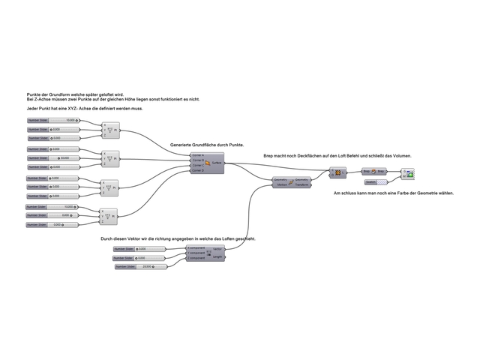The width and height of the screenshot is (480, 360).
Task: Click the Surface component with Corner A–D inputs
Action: tap(207, 163)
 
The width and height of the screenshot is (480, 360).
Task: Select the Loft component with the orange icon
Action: tap(337, 172)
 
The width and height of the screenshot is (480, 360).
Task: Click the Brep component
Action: tap(373, 172)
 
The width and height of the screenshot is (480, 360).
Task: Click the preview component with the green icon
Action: tap(410, 175)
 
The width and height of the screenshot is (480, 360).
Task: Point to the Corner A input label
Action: tap(198, 154)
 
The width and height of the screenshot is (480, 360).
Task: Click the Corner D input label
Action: tap(198, 171)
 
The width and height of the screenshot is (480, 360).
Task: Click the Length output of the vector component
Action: tap(217, 256)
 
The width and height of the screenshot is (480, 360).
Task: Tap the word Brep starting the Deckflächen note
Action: tap(268, 155)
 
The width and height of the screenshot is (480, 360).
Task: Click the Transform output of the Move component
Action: tap(301, 184)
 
